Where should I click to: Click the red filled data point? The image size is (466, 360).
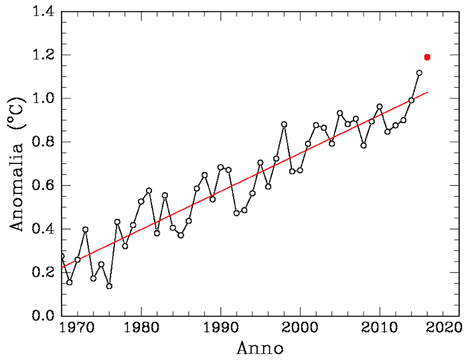427,57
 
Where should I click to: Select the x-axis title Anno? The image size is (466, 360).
260,349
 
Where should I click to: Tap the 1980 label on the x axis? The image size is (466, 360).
141,329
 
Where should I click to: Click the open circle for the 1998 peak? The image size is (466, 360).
284,124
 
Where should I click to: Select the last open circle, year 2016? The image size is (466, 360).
419,73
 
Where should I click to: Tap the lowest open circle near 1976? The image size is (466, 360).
109,286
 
